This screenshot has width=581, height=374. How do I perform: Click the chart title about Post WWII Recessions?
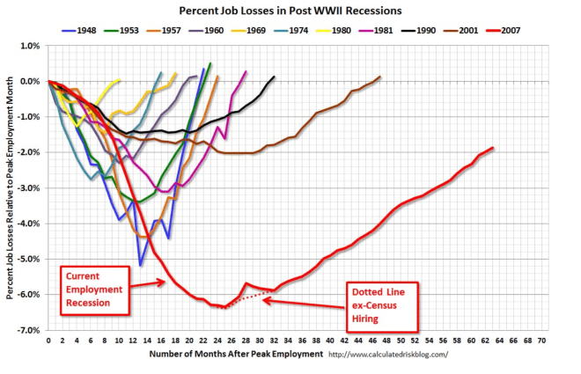click(290, 11)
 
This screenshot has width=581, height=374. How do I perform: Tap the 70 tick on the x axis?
click(541, 340)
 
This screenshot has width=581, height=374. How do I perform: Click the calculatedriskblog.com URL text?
click(387, 355)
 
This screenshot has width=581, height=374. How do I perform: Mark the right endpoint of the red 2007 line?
click(493, 148)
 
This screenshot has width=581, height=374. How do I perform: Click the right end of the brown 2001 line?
click(379, 77)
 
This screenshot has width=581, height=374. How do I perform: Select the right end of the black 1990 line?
click(275, 77)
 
